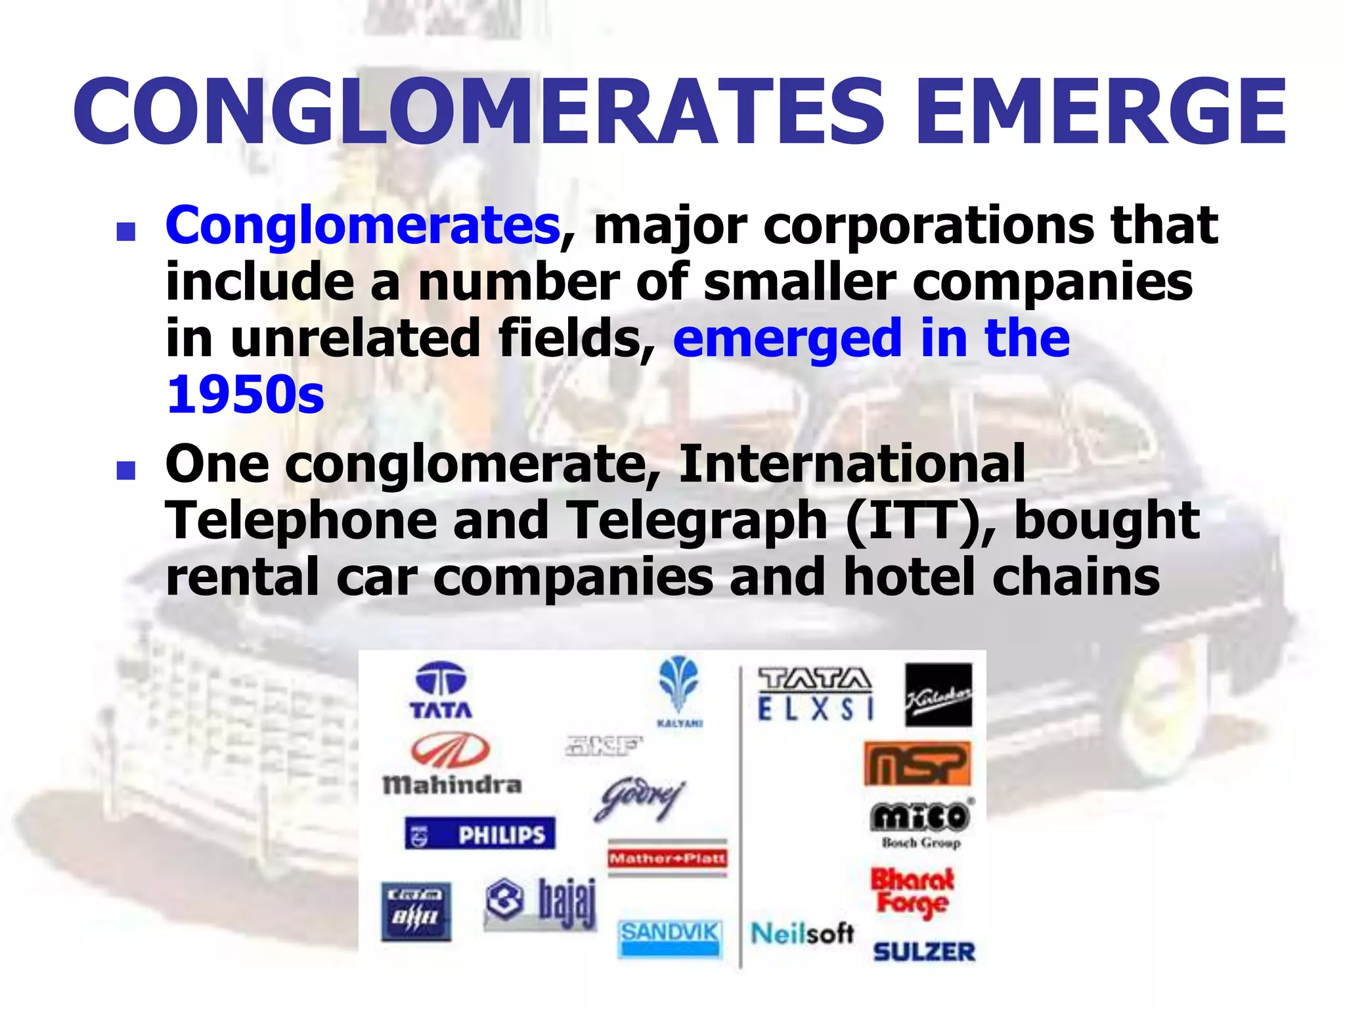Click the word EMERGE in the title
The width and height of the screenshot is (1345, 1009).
[1100, 112]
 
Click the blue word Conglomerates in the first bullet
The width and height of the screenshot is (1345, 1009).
[363, 225]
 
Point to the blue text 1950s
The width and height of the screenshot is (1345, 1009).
[246, 395]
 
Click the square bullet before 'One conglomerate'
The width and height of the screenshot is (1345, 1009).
[125, 470]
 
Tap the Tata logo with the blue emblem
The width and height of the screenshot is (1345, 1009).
[441, 690]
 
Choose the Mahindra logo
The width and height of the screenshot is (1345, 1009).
[452, 763]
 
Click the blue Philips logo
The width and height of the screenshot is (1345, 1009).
[480, 834]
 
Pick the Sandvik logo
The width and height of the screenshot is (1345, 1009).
[670, 935]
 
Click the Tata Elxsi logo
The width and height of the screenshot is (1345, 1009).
[815, 694]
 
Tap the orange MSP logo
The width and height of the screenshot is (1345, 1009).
[917, 764]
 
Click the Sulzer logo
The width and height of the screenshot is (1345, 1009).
[924, 951]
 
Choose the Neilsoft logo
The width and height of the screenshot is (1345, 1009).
[802, 933]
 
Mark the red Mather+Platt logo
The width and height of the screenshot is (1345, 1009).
[668, 858]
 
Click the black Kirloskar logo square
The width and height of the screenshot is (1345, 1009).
[938, 695]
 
